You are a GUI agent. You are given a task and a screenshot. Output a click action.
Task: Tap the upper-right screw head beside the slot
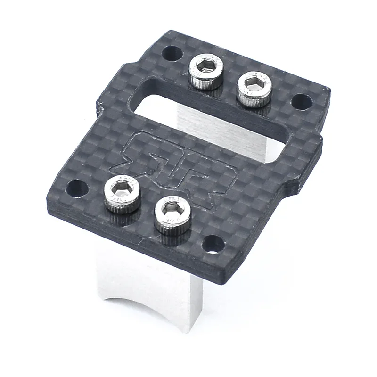(x=254, y=88)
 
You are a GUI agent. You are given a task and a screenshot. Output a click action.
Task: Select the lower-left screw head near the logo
(x=122, y=194)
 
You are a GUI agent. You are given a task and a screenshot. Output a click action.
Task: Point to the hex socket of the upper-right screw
(x=255, y=83)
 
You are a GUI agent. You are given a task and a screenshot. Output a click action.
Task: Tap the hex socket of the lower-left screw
(x=122, y=188)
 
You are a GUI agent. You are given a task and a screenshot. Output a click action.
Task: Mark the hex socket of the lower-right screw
(x=172, y=208)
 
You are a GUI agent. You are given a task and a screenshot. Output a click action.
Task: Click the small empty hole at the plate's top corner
(x=170, y=53)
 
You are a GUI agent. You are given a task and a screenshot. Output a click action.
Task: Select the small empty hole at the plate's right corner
(x=302, y=101)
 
